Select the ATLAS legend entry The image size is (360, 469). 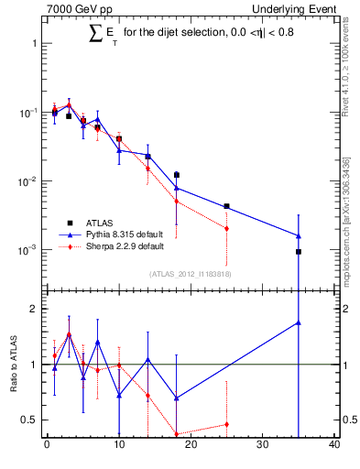tap(101, 222)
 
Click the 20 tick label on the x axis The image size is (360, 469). tap(191, 446)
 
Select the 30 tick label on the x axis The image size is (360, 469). tap(263, 446)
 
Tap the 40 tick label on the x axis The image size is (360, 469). tap(334, 446)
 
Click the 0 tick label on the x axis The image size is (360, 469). tap(47, 446)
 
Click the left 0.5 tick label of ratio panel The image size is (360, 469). tap(30, 420)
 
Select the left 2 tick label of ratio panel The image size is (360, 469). tap(35, 309)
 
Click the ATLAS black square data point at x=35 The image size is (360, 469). tap(299, 252)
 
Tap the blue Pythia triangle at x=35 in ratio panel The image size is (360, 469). tap(299, 322)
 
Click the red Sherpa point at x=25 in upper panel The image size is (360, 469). tap(226, 228)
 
